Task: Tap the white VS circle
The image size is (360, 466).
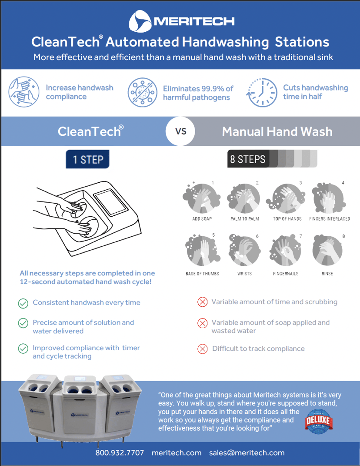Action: (x=180, y=131)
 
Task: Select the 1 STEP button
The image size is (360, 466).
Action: (x=87, y=159)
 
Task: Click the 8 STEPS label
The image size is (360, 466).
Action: (x=248, y=159)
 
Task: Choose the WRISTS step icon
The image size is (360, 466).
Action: (x=244, y=251)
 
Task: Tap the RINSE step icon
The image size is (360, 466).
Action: (x=327, y=251)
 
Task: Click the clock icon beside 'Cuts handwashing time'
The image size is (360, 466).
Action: (x=262, y=92)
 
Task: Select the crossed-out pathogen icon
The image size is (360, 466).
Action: (x=142, y=92)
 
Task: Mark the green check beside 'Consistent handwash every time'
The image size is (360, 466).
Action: (x=23, y=303)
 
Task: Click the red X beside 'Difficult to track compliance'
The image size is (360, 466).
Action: (x=202, y=349)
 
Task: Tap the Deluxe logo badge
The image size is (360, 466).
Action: (x=318, y=421)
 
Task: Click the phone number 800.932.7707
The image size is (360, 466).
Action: (x=120, y=453)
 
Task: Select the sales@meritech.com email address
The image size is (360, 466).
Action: (x=247, y=453)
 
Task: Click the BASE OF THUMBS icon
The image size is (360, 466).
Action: (x=202, y=251)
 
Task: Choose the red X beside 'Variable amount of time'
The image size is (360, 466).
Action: (x=202, y=302)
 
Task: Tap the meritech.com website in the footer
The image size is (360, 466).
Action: (x=177, y=453)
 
